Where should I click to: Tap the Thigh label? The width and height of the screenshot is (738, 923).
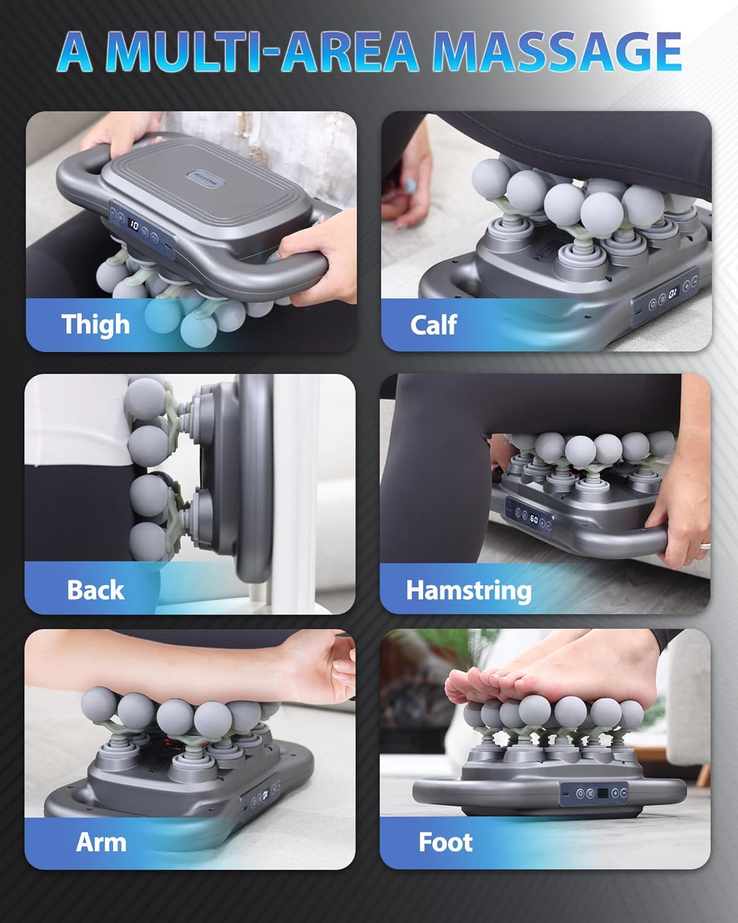[x=95, y=324]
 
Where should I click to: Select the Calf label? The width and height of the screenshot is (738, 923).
[x=433, y=324]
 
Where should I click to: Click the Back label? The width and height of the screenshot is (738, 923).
[x=95, y=589]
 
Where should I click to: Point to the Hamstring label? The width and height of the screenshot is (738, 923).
[x=469, y=589]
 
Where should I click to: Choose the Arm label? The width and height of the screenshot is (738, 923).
[x=101, y=842]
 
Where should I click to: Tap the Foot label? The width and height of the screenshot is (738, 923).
[x=445, y=842]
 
